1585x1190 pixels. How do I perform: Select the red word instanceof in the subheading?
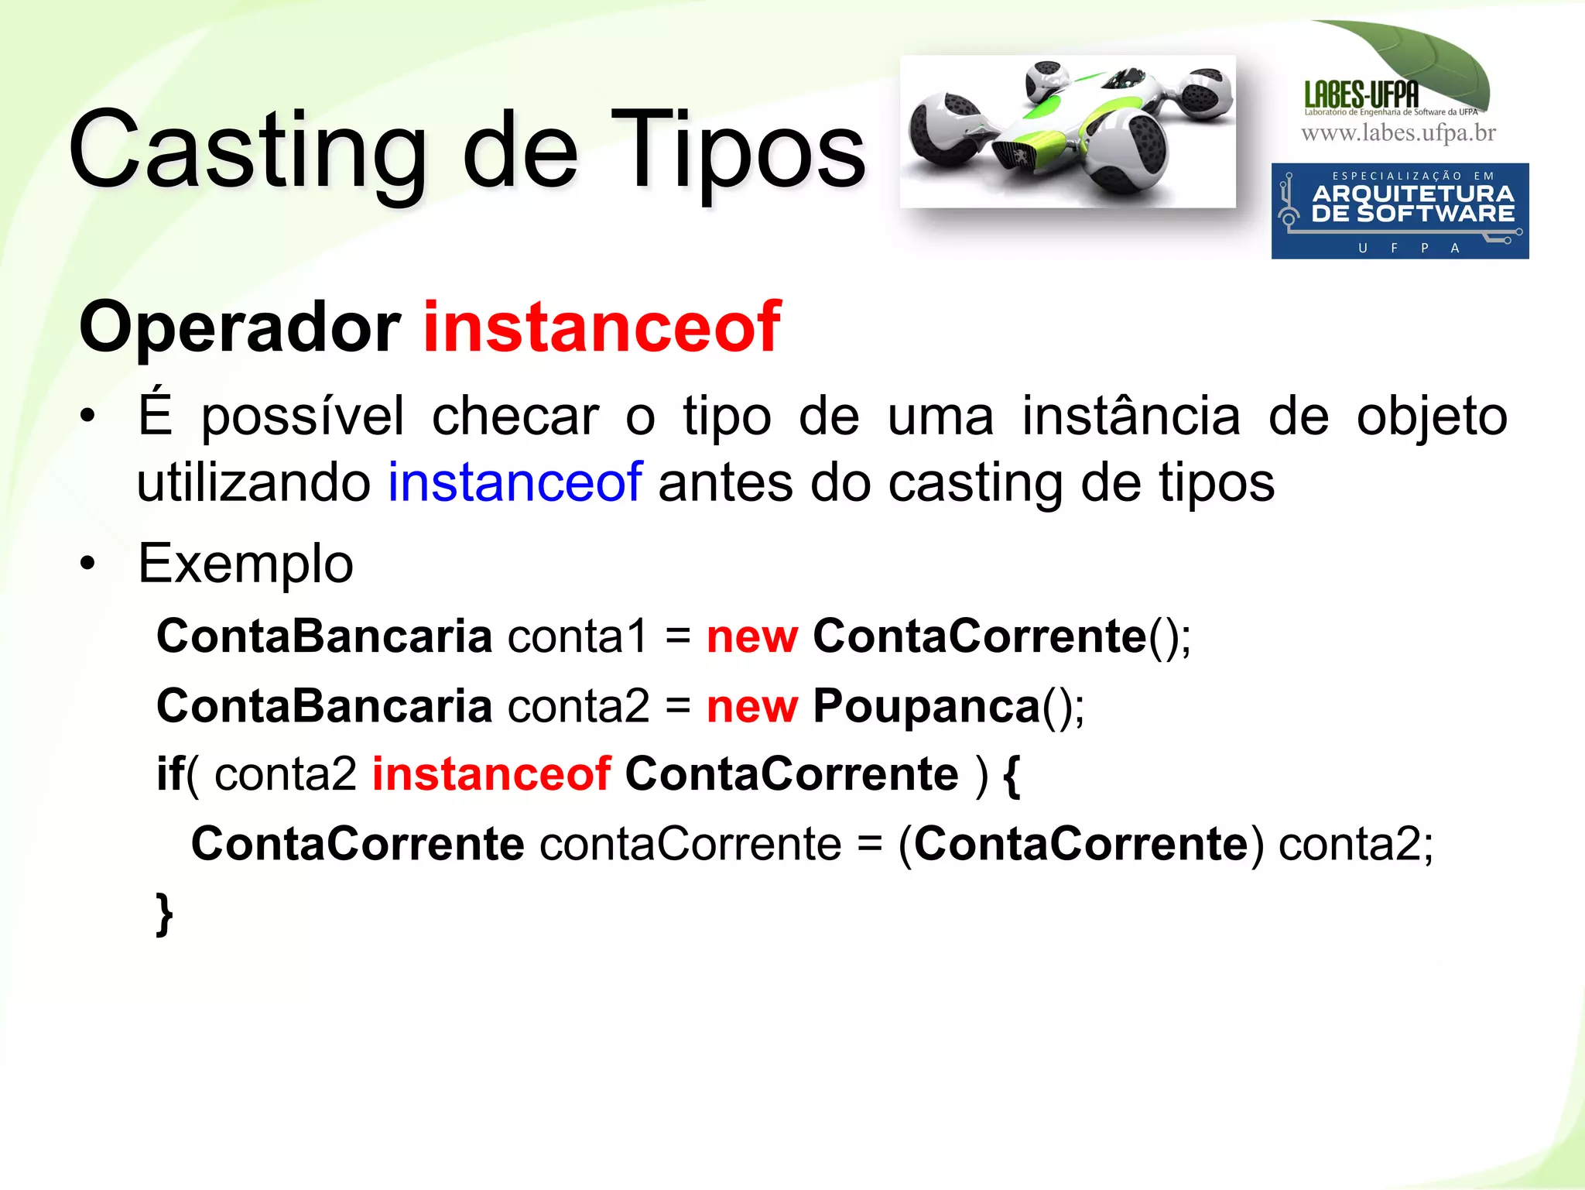[x=602, y=328]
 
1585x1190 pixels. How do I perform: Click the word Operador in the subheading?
[x=240, y=329]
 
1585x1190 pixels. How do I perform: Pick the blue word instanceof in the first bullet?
[x=515, y=482]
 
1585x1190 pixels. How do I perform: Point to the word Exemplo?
[x=245, y=564]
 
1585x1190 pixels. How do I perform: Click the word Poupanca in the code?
[x=926, y=707]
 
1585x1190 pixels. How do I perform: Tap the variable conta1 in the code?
[x=577, y=637]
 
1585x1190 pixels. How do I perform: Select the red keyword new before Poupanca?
[x=751, y=707]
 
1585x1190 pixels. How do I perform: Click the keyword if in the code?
[x=170, y=773]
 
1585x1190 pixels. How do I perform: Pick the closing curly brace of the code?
[x=164, y=914]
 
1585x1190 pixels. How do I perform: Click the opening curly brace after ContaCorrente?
[x=1012, y=775]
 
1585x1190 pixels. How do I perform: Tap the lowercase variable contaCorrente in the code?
[x=690, y=844]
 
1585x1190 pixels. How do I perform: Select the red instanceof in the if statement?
[x=492, y=773]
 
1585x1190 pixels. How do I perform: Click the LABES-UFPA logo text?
[x=1361, y=95]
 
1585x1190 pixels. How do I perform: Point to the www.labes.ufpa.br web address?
[x=1398, y=133]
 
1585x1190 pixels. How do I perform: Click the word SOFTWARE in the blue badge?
[x=1436, y=214]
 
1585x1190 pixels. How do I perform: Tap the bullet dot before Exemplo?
[x=88, y=564]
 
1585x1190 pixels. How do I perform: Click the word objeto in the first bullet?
[x=1432, y=417]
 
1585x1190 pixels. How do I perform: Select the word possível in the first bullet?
[x=303, y=417]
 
